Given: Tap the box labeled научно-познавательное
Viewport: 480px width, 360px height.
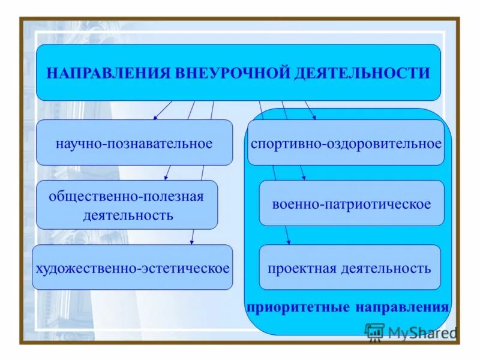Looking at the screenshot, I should pyautogui.click(x=134, y=143).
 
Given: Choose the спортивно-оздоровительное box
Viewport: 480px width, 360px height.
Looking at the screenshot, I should pyautogui.click(x=346, y=143).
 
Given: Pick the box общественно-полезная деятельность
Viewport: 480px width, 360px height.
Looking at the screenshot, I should pyautogui.click(x=127, y=205).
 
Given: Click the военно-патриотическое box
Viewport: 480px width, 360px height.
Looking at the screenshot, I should pyautogui.click(x=351, y=204).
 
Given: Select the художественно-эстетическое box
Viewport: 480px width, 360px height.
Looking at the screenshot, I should pyautogui.click(x=132, y=268).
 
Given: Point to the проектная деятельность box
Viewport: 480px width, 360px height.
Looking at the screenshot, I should pyautogui.click(x=349, y=268).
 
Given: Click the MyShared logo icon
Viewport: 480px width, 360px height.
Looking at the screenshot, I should pyautogui.click(x=374, y=332).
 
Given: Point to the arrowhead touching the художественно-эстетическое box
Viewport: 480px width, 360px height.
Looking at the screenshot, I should pyautogui.click(x=191, y=242).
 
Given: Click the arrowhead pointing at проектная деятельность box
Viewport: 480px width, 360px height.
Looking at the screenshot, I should pyautogui.click(x=289, y=242).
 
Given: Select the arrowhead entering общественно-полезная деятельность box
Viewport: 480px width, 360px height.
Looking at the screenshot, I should pyautogui.click(x=167, y=178).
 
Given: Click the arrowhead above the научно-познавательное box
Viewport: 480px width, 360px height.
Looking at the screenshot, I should pyautogui.click(x=155, y=117).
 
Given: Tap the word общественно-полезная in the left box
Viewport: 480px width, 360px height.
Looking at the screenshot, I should pyautogui.click(x=127, y=197).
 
